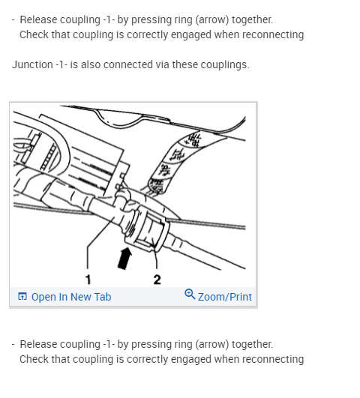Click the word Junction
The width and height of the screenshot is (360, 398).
[x=32, y=64]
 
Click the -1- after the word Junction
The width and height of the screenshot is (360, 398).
[x=61, y=64]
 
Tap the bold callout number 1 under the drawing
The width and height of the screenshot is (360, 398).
[x=88, y=280]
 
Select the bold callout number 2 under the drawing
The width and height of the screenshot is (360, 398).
[x=157, y=280]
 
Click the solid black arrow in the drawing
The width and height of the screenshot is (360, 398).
[x=125, y=259]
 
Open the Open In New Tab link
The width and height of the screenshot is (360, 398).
[x=71, y=297]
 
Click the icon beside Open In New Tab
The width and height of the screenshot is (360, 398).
[x=22, y=296]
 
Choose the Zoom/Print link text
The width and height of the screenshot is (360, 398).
[x=225, y=297]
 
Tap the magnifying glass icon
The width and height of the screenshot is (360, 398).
[x=190, y=294]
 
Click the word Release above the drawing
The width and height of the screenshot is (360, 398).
[x=38, y=19]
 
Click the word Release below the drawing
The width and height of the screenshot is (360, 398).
[x=38, y=345]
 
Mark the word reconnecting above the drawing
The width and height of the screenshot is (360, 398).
[x=273, y=35]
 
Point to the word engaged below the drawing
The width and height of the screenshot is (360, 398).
[x=191, y=360]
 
